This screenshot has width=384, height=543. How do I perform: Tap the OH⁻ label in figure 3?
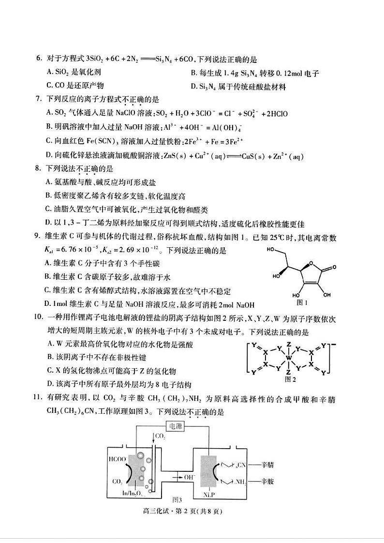coord(177,477)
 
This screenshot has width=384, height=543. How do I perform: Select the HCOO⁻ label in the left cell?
coord(118,458)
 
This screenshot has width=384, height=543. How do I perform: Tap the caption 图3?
coord(177,499)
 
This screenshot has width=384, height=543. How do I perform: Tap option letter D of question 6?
coord(194,87)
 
